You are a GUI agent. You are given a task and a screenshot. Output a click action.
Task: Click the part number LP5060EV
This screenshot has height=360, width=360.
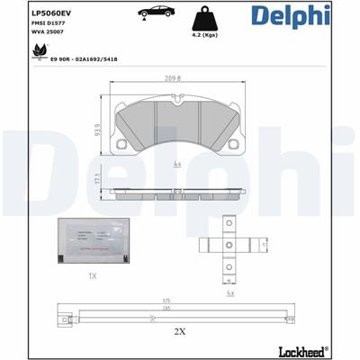pyautogui.click(x=51, y=13)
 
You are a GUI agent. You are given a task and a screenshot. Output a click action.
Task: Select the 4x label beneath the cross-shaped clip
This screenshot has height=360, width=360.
pyautogui.click(x=231, y=293)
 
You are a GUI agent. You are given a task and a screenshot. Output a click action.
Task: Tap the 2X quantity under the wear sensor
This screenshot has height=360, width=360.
pyautogui.click(x=178, y=331)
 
